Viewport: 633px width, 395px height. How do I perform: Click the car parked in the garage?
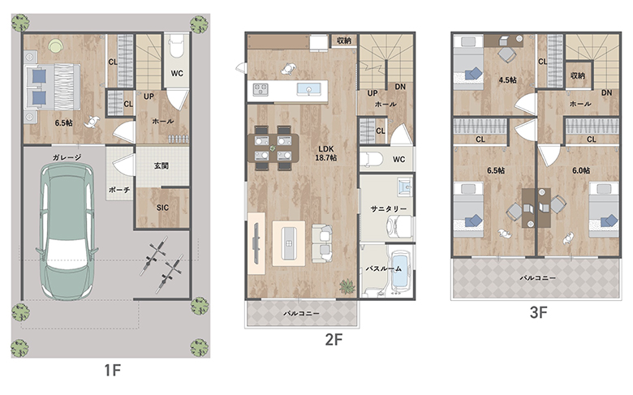click(67, 232)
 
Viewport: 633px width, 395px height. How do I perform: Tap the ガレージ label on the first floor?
click(67, 157)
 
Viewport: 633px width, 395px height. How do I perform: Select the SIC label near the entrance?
click(162, 208)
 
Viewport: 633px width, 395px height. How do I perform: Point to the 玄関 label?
click(161, 165)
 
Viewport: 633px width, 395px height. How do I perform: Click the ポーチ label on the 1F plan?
click(119, 189)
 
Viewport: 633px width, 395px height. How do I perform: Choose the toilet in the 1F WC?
click(176, 45)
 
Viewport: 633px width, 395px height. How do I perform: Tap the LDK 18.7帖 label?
click(325, 153)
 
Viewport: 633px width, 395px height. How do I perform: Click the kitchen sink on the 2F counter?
click(309, 89)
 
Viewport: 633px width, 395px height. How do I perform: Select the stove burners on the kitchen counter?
click(261, 89)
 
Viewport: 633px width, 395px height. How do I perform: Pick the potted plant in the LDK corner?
click(347, 286)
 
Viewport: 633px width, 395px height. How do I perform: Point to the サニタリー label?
click(389, 208)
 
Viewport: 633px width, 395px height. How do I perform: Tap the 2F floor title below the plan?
click(334, 339)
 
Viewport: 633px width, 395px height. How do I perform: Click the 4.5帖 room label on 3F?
click(507, 79)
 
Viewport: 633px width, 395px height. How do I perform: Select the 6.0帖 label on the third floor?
click(581, 170)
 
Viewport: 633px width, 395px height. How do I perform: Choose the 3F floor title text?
click(539, 312)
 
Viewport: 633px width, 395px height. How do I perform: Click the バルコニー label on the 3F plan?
click(537, 277)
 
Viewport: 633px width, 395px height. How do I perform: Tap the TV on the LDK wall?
click(256, 243)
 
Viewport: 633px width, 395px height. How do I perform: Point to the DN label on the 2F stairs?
click(400, 86)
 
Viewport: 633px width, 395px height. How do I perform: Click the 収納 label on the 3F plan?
click(578, 75)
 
